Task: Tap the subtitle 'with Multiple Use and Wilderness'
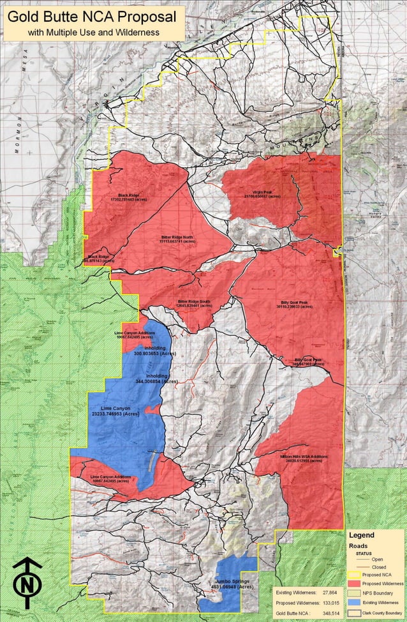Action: click(x=93, y=31)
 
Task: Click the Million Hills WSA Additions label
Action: click(x=303, y=459)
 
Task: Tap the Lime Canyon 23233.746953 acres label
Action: click(x=115, y=411)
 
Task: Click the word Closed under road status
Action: click(x=378, y=566)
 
